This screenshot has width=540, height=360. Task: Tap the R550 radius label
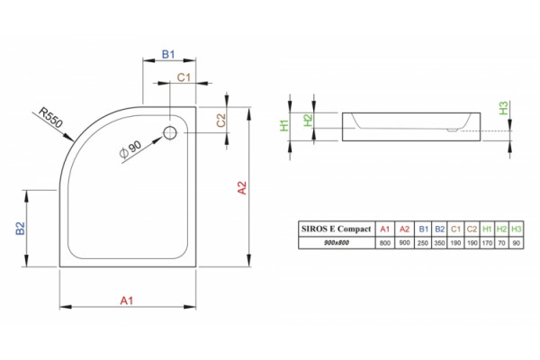tap(51, 118)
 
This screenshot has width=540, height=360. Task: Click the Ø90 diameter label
tap(130, 149)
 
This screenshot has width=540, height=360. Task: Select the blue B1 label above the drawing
tap(168, 54)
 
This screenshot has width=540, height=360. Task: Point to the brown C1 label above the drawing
tap(184, 77)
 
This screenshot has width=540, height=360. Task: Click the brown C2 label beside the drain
tap(220, 121)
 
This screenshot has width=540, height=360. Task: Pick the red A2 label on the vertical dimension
tap(242, 188)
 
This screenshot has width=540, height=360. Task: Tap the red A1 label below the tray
tap(126, 301)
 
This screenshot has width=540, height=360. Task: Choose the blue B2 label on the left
tap(21, 229)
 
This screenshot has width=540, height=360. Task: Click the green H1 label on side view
tap(284, 125)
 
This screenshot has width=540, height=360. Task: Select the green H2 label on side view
tap(308, 121)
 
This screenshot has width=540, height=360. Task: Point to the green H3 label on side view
tap(503, 108)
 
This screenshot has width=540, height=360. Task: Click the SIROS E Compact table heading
tap(336, 229)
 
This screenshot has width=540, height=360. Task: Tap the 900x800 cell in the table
tap(337, 242)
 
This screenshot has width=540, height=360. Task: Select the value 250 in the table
tap(423, 243)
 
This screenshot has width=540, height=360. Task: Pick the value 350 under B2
tap(439, 243)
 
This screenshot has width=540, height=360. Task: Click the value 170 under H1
tap(487, 243)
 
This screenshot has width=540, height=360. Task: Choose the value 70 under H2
tap(502, 243)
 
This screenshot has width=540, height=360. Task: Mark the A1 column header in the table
tap(384, 229)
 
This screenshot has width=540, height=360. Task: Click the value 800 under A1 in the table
tap(384, 243)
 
